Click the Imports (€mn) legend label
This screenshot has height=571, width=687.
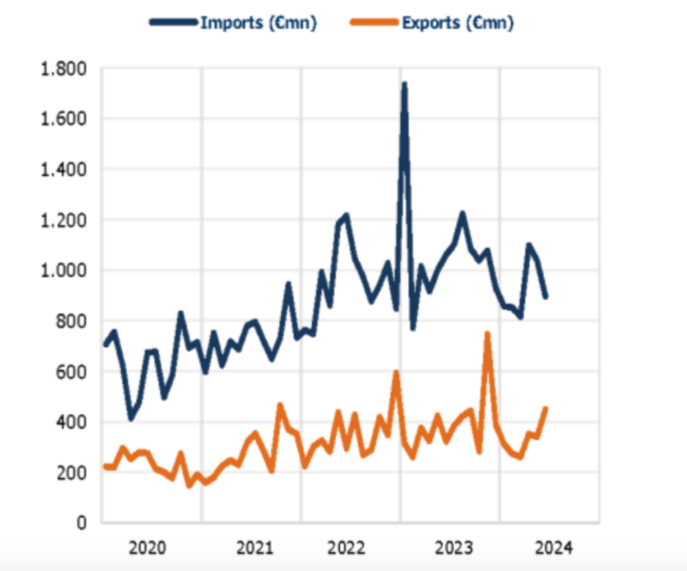coord(258,23)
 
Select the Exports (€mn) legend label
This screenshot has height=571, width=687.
coord(457,23)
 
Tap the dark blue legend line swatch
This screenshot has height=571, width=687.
coord(174,23)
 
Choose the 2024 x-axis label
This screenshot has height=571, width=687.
coord(551,548)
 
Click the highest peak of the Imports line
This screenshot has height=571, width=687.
coord(404,85)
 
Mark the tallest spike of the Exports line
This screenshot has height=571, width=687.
coord(487,334)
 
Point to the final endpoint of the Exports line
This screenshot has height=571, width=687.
coord(545,409)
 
